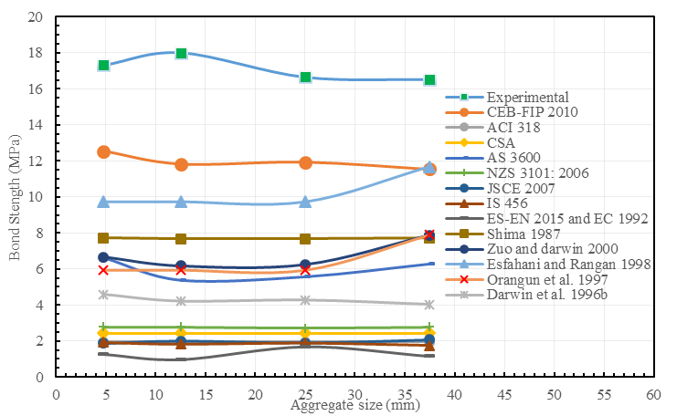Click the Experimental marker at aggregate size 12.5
click(x=181, y=53)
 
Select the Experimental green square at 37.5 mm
click(x=429, y=80)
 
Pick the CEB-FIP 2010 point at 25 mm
click(x=305, y=162)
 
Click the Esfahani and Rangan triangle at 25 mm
click(x=305, y=202)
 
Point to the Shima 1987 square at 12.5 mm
click(x=181, y=239)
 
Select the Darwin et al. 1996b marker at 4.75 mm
click(x=103, y=295)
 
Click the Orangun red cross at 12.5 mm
click(x=181, y=270)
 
